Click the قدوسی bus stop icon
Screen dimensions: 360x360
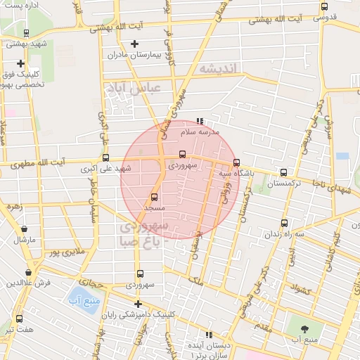323,6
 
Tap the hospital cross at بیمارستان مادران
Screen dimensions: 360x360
134,44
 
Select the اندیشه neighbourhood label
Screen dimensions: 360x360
219,68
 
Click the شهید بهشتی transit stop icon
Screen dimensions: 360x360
26,32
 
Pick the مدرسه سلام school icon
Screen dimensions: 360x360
200,121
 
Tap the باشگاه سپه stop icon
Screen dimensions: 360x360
236,162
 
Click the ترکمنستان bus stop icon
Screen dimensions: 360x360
283,172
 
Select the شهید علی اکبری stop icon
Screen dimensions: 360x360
105,158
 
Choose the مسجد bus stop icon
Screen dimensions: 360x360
154,198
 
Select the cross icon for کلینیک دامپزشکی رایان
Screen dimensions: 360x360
138,304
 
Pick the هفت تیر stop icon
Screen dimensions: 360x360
19,319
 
